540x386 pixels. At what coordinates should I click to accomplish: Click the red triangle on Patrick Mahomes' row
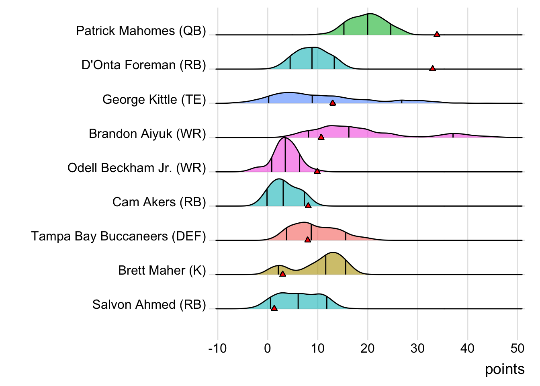pyautogui.click(x=437, y=34)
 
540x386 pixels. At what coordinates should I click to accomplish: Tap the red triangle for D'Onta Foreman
pyautogui.click(x=432, y=68)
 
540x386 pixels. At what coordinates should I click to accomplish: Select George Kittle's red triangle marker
pyautogui.click(x=333, y=103)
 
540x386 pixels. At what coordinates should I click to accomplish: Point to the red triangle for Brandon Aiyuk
pyautogui.click(x=321, y=137)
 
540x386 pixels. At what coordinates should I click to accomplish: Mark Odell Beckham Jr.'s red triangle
pyautogui.click(x=317, y=171)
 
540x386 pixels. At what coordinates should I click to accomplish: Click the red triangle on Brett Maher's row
pyautogui.click(x=282, y=274)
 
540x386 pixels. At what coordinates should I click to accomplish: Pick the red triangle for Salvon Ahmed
pyautogui.click(x=274, y=308)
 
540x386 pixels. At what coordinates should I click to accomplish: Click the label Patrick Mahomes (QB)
pyautogui.click(x=141, y=31)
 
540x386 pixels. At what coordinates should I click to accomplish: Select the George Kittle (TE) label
pyautogui.click(x=154, y=99)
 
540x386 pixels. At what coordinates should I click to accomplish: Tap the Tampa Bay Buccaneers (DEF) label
pyautogui.click(x=119, y=236)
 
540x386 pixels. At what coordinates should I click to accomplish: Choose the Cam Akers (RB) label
pyautogui.click(x=159, y=202)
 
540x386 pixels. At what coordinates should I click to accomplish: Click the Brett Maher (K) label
pyautogui.click(x=162, y=270)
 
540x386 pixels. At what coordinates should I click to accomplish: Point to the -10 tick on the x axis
pyautogui.click(x=217, y=348)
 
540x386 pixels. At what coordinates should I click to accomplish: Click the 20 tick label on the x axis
pyautogui.click(x=368, y=348)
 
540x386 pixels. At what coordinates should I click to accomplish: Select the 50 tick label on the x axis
pyautogui.click(x=517, y=348)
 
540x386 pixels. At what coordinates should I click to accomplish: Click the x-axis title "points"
pyautogui.click(x=505, y=369)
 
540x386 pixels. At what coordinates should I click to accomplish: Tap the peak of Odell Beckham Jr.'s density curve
pyautogui.click(x=285, y=138)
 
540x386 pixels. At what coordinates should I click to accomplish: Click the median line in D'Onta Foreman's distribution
pyautogui.click(x=312, y=58)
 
